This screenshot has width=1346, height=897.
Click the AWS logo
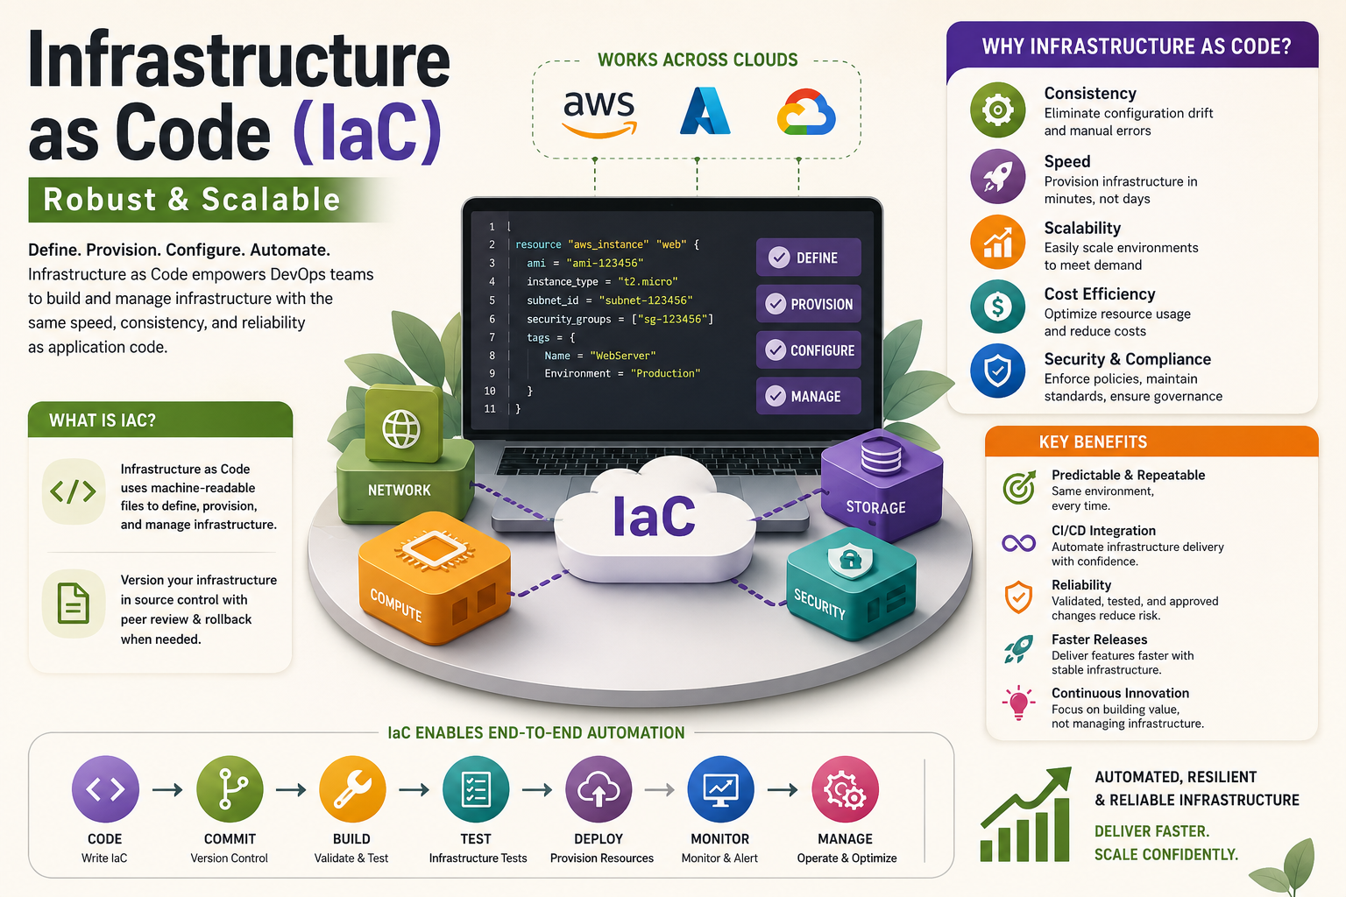tap(599, 114)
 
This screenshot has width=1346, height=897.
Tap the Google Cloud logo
tap(806, 112)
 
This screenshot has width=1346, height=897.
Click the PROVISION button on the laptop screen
tap(808, 304)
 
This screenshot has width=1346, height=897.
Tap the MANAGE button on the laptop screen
tap(808, 396)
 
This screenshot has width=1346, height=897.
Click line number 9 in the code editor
tap(492, 373)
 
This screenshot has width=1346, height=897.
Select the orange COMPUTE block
tap(434, 578)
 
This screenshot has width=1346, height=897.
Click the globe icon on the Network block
tap(401, 429)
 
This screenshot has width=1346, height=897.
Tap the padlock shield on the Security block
tap(850, 560)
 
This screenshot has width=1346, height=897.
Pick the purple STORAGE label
tap(875, 508)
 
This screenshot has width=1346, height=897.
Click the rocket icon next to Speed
tap(997, 177)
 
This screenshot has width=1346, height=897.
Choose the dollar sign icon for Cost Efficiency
tap(997, 307)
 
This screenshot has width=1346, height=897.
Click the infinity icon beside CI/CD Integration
tap(1018, 544)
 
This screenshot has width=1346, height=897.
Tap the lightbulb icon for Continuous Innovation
tap(1018, 703)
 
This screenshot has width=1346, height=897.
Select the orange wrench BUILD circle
tap(352, 789)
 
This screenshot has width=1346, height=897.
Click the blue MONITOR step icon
tap(720, 789)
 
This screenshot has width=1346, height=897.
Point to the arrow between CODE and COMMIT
tap(167, 789)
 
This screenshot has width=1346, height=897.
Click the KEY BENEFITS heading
tap(1093, 442)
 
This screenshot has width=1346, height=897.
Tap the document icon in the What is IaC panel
tap(74, 604)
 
